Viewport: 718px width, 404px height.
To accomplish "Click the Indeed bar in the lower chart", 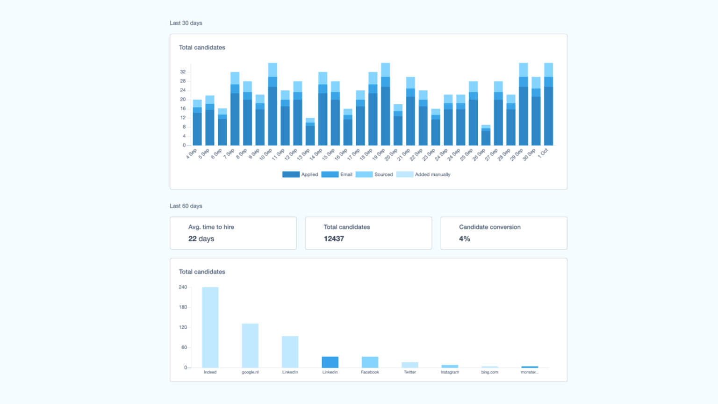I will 210,327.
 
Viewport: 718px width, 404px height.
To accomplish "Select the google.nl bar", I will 250,346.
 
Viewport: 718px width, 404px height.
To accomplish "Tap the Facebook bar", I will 370,362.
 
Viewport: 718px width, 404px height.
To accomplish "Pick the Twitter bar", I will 410,365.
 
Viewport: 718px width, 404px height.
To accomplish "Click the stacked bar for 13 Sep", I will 310,132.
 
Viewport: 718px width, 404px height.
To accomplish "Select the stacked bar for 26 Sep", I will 486,136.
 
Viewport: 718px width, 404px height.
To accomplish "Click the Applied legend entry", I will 300,174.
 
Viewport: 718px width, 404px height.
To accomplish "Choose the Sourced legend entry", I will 374,174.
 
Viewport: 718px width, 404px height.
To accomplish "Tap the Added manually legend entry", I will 424,174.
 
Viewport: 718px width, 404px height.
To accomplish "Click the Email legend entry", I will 337,174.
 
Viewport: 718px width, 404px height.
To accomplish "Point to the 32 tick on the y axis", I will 183,72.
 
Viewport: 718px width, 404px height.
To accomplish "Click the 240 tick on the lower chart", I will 183,287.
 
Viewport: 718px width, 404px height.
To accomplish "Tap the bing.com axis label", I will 489,372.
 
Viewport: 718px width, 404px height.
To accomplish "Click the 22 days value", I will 201,238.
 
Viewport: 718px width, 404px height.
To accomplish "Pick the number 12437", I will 334,238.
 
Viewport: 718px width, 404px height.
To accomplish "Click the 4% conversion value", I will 465,238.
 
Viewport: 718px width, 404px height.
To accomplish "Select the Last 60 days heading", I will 186,206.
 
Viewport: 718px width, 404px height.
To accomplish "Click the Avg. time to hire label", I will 211,227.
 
